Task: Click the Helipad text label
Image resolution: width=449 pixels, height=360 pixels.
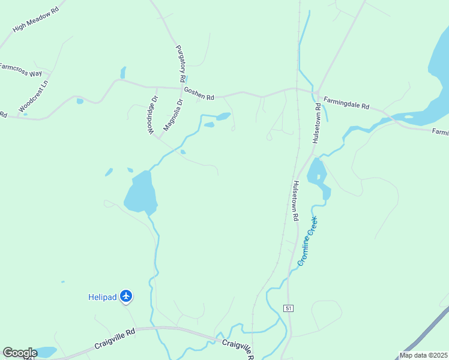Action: (x=102, y=296)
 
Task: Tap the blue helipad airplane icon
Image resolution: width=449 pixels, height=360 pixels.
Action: (x=125, y=296)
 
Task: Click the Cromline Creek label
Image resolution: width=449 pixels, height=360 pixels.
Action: (x=307, y=241)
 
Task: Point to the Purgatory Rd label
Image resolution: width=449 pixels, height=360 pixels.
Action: (x=180, y=64)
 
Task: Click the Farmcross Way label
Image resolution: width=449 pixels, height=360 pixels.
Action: (x=20, y=69)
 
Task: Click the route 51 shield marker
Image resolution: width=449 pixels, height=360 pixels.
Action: (x=289, y=308)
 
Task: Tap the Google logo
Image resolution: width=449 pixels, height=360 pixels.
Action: (x=20, y=353)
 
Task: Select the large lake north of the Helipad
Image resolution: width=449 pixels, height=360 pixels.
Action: (x=140, y=192)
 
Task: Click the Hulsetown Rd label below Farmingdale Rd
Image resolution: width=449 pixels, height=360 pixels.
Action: (x=315, y=123)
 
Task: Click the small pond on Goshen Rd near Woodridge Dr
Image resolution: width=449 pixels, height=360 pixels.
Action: (x=123, y=73)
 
